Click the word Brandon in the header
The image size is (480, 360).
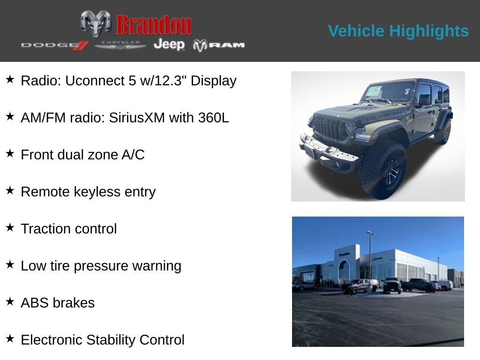click(x=154, y=25)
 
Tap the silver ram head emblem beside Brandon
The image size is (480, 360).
click(x=96, y=23)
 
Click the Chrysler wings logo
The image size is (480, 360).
click(x=120, y=45)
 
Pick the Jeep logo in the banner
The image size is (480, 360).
click(x=169, y=44)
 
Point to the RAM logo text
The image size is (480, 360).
click(x=219, y=45)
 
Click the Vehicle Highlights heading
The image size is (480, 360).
click(x=398, y=31)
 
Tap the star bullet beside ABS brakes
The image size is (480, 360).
click(x=10, y=301)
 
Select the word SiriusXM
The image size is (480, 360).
click(x=137, y=118)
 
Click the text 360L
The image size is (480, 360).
click(x=213, y=118)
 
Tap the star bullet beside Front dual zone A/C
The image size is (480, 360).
click(x=10, y=153)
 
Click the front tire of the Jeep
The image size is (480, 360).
click(x=383, y=170)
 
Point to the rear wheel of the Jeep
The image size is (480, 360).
click(x=443, y=132)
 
